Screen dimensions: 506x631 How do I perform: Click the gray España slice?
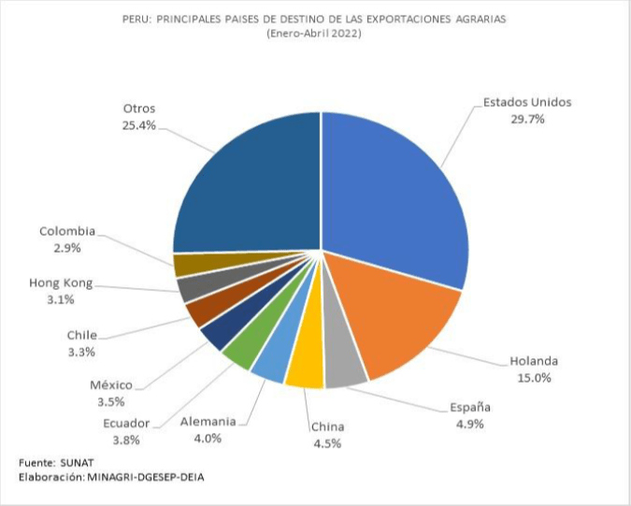[344, 372]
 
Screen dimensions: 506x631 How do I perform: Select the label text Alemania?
[208, 421]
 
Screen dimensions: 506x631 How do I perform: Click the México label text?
[111, 384]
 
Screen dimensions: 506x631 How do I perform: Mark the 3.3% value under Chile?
[81, 352]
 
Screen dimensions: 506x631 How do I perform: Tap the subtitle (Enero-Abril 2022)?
[315, 34]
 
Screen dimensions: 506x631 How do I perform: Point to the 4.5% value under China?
[326, 443]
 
